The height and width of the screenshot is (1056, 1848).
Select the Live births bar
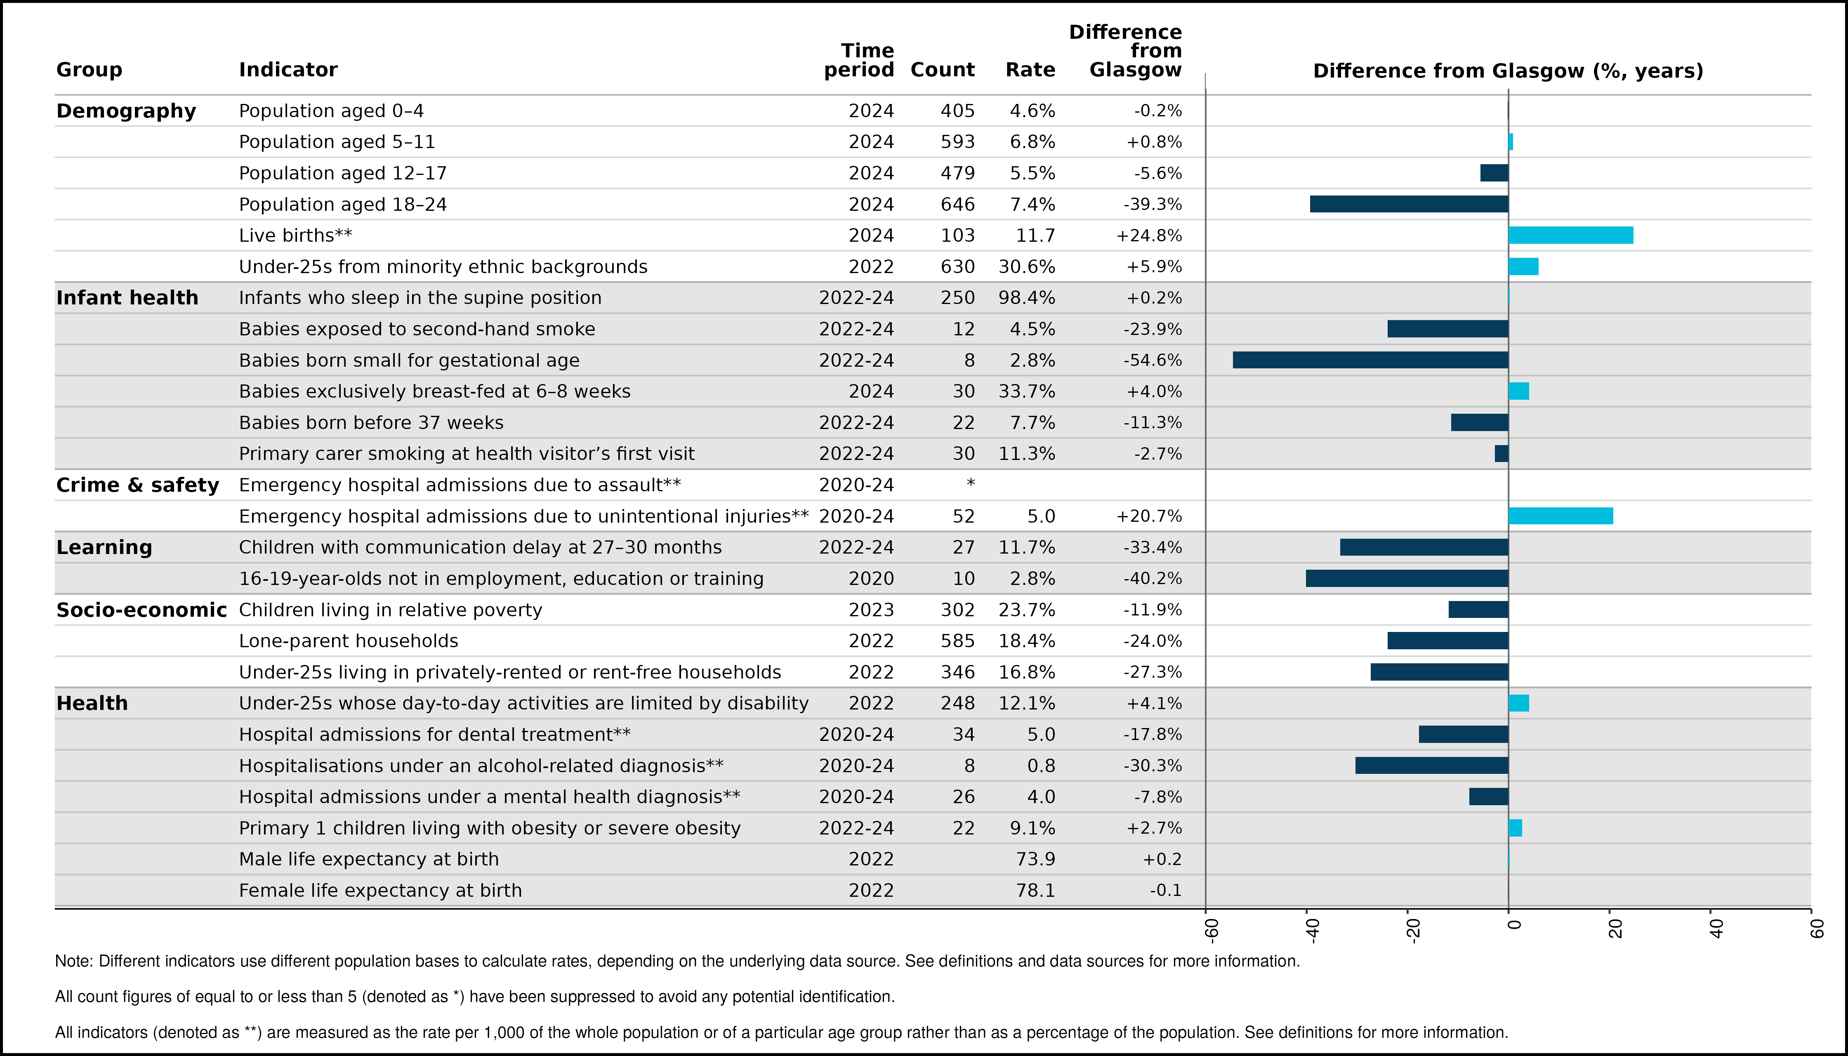coord(1571,236)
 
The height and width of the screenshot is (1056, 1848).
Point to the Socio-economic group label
coord(141,610)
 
